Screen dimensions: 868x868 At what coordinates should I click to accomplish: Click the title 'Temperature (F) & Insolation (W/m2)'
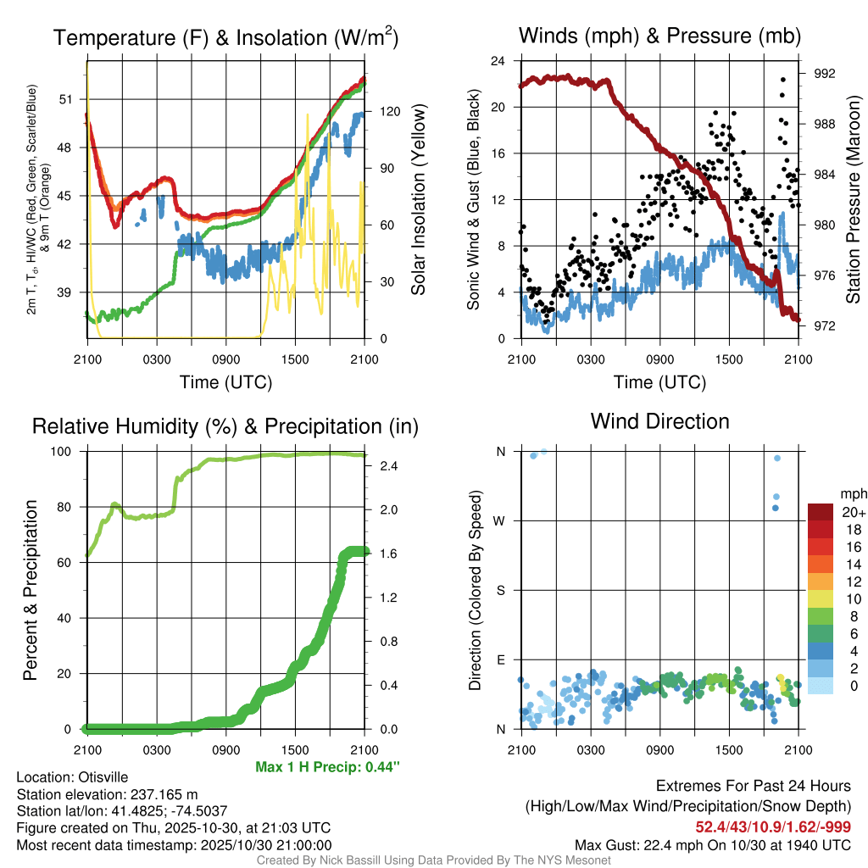225,38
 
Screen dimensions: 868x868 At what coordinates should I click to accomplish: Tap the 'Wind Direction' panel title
659,421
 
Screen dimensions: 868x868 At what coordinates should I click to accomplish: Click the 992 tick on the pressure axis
824,74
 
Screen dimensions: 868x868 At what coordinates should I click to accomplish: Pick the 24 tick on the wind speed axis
498,61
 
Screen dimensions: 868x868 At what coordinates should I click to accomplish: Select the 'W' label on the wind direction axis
500,520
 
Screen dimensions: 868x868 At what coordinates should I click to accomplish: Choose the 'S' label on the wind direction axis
500,590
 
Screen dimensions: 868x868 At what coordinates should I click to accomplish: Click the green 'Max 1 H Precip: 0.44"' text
326,767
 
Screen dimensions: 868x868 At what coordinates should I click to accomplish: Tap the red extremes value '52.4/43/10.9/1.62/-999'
773,826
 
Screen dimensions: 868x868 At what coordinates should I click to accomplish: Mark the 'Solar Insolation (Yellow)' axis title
418,199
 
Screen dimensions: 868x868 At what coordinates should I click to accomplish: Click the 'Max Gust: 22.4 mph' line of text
712,844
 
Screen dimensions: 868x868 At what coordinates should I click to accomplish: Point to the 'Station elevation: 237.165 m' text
107,794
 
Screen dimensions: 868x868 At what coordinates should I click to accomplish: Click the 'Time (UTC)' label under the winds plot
659,382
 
